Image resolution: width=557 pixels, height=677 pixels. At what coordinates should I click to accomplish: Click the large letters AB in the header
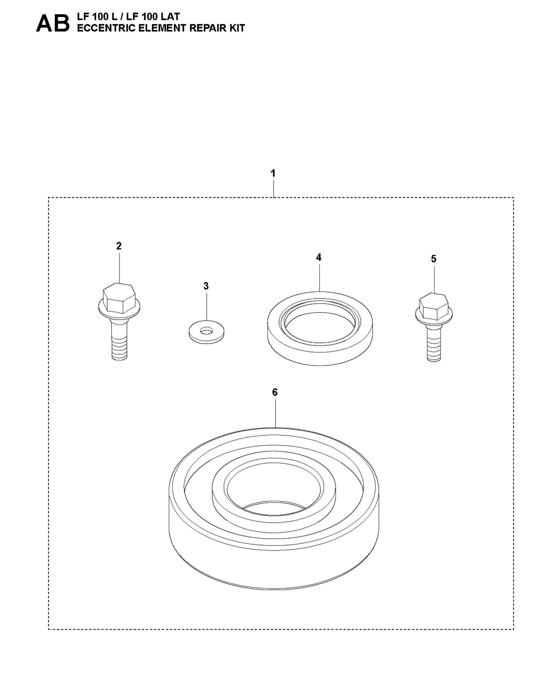(53, 24)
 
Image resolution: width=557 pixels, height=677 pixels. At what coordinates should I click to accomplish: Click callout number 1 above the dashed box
(273, 174)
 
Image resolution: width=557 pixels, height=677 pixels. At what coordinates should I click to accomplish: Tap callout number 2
(119, 246)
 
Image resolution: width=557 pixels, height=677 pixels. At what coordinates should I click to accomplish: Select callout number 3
(206, 286)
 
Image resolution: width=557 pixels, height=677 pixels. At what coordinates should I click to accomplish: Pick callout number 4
(319, 257)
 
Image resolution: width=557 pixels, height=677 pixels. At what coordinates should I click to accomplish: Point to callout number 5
(434, 259)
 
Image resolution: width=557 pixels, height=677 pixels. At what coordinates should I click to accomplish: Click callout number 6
(275, 392)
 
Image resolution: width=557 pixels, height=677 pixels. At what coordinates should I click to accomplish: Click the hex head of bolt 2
(119, 299)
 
